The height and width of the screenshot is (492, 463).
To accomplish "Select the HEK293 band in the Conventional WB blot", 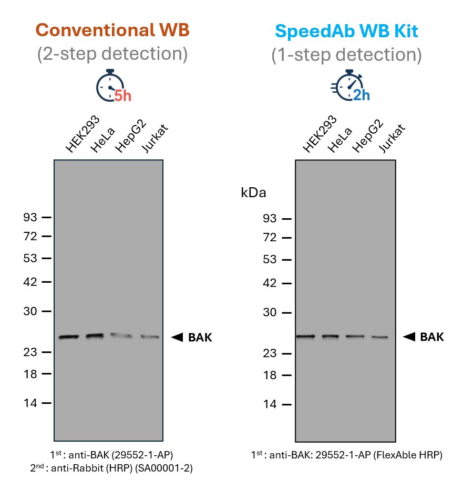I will click(68, 337).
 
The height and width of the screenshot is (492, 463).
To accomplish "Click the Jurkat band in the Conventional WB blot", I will click(149, 337).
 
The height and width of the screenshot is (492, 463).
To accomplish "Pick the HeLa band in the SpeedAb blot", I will click(331, 336).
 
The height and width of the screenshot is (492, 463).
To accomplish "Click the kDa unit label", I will click(253, 192).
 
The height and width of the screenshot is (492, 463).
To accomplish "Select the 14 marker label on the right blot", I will click(269, 404).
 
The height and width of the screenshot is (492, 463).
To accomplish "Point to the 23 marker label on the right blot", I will click(269, 354).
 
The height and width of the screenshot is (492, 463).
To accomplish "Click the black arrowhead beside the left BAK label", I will click(177, 337).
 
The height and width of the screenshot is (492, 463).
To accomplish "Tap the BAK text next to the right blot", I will click(431, 337).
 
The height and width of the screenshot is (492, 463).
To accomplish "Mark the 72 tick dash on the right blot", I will click(286, 238).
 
